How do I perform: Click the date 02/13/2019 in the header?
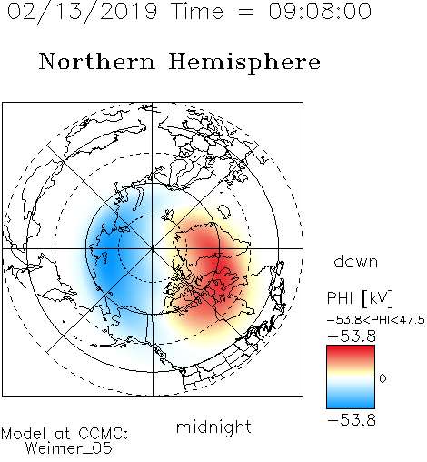pyautogui.click(x=82, y=12)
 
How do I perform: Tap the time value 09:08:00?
pyautogui.click(x=320, y=11)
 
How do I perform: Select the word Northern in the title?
pyautogui.click(x=97, y=61)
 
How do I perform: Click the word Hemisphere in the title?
pyautogui.click(x=244, y=63)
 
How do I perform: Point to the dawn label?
pyautogui.click(x=356, y=261)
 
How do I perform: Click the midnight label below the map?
pyautogui.click(x=213, y=427)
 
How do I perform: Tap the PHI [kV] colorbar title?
pyautogui.click(x=360, y=298)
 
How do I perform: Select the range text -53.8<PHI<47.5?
pyautogui.click(x=376, y=320)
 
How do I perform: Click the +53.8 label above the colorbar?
pyautogui.click(x=352, y=336)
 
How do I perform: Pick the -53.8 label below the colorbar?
pyautogui.click(x=352, y=420)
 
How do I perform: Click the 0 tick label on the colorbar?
pyautogui.click(x=382, y=378)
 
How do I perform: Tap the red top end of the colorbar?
pyautogui.click(x=351, y=348)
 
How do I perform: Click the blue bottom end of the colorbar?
pyautogui.click(x=351, y=406)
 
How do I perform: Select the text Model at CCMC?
pyautogui.click(x=65, y=434)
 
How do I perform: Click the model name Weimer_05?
pyautogui.click(x=69, y=448)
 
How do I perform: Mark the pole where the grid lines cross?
pyautogui.click(x=153, y=248)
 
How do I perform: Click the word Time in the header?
pyautogui.click(x=197, y=11)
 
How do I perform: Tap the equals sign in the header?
pyautogui.click(x=245, y=12)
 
